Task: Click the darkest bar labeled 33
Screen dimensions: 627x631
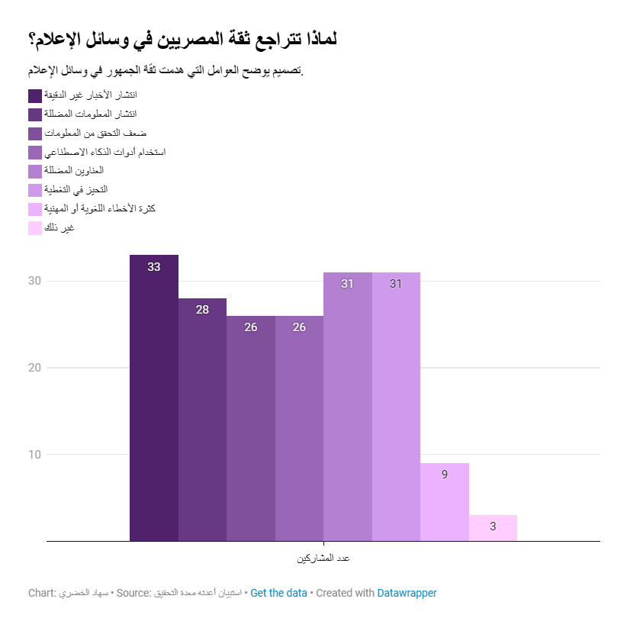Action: [x=154, y=398]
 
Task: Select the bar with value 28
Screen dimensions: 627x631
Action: [x=202, y=420]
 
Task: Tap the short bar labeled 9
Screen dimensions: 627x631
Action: [x=445, y=502]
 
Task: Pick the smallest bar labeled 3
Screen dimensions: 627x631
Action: [x=493, y=527]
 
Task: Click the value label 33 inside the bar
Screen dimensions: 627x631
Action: [x=154, y=267]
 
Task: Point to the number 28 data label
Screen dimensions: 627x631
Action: [x=202, y=310]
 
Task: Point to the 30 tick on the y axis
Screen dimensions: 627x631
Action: [x=34, y=281]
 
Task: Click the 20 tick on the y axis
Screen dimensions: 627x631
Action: [x=34, y=368]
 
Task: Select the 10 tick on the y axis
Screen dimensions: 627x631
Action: [x=34, y=454]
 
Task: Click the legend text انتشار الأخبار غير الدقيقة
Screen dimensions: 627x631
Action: [x=91, y=95]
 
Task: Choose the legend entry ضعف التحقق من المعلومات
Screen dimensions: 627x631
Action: [x=95, y=133]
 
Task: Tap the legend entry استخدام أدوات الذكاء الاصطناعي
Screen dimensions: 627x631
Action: [x=104, y=152]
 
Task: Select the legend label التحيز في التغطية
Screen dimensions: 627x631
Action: [x=76, y=189]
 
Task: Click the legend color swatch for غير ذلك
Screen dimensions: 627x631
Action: [x=35, y=228]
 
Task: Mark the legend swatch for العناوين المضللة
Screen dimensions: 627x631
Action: [x=35, y=172]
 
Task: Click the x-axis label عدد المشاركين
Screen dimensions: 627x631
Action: [x=323, y=559]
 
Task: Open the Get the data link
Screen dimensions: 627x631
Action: [x=278, y=593]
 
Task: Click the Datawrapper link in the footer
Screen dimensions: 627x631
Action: [x=407, y=593]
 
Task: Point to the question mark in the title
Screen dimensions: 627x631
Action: [x=32, y=40]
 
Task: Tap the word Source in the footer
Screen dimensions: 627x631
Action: [x=133, y=593]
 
